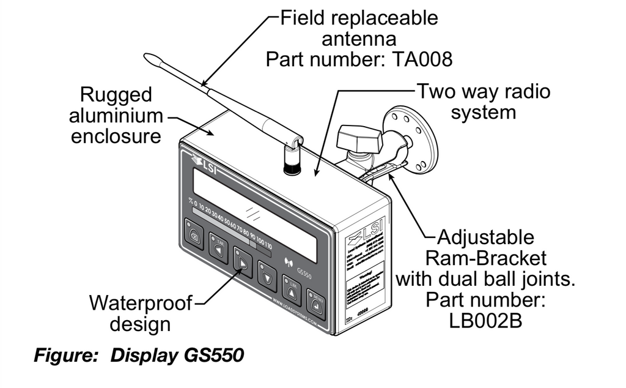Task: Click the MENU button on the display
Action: [x=315, y=305]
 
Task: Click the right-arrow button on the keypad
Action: [x=242, y=262]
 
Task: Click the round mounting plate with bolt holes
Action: [x=413, y=141]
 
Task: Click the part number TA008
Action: [x=421, y=60]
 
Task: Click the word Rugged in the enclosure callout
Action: [x=116, y=95]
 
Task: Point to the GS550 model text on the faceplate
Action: [x=304, y=273]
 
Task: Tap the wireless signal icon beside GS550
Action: [x=287, y=264]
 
